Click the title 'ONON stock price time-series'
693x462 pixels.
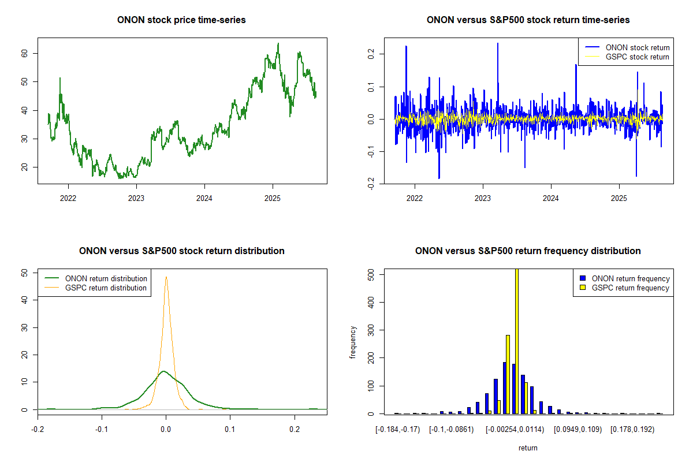tap(182, 20)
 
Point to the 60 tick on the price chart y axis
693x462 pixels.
tap(26, 53)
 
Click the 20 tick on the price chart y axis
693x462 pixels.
tap(26, 167)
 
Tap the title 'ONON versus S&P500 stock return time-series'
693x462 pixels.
tap(528, 20)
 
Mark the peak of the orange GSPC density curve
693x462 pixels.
tap(166, 277)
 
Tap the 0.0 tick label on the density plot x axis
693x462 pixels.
tap(166, 430)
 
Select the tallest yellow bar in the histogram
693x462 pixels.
tap(516, 341)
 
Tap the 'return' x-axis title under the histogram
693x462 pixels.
tap(528, 448)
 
